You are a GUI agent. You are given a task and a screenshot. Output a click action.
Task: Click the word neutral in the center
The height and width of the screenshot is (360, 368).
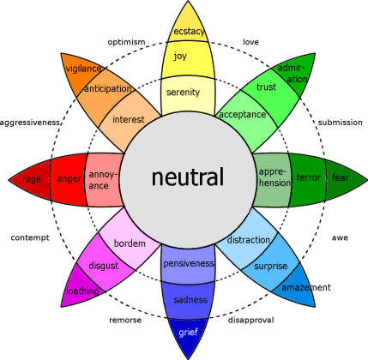click(187, 177)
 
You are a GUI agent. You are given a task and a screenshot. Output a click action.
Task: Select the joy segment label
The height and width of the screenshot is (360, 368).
click(180, 57)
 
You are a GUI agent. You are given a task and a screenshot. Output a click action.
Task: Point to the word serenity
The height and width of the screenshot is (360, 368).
click(183, 93)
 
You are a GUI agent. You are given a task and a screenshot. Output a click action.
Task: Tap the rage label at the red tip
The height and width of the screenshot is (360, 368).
click(32, 179)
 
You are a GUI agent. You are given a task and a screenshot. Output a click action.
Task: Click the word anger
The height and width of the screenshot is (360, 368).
click(68, 179)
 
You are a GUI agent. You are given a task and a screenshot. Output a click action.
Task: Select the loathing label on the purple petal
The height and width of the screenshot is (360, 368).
click(83, 291)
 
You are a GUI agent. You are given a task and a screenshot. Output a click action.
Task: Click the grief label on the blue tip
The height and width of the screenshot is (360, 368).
click(187, 332)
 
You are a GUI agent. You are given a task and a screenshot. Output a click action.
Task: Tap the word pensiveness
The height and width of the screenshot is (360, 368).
click(188, 263)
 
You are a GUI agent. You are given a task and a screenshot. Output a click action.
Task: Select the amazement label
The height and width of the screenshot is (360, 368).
click(306, 288)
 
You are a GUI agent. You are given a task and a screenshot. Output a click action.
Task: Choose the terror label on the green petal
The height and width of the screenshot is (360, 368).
click(307, 177)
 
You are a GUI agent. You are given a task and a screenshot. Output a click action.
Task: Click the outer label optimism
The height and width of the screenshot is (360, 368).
click(126, 41)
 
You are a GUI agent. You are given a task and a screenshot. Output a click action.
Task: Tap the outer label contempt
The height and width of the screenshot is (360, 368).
click(30, 237)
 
